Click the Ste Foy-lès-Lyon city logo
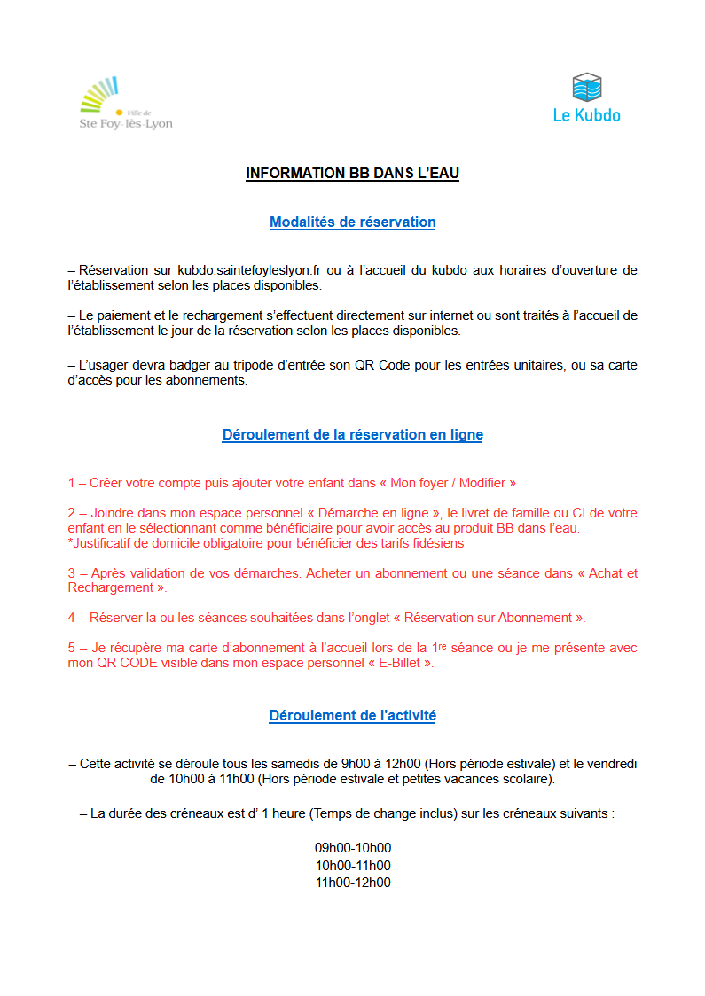[125, 105]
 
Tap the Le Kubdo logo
[586, 98]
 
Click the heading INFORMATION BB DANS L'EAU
[352, 174]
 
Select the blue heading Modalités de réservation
[352, 222]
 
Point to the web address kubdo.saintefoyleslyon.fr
[255, 270]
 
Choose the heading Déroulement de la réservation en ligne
[352, 435]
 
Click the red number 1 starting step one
[72, 483]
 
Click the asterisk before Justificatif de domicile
[70, 543]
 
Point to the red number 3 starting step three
[72, 573]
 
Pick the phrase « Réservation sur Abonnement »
[502, 618]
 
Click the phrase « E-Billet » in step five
[400, 663]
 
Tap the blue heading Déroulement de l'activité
[352, 715]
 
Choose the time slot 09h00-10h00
[352, 848]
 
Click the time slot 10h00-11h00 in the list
[352, 866]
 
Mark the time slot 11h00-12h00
[352, 883]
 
